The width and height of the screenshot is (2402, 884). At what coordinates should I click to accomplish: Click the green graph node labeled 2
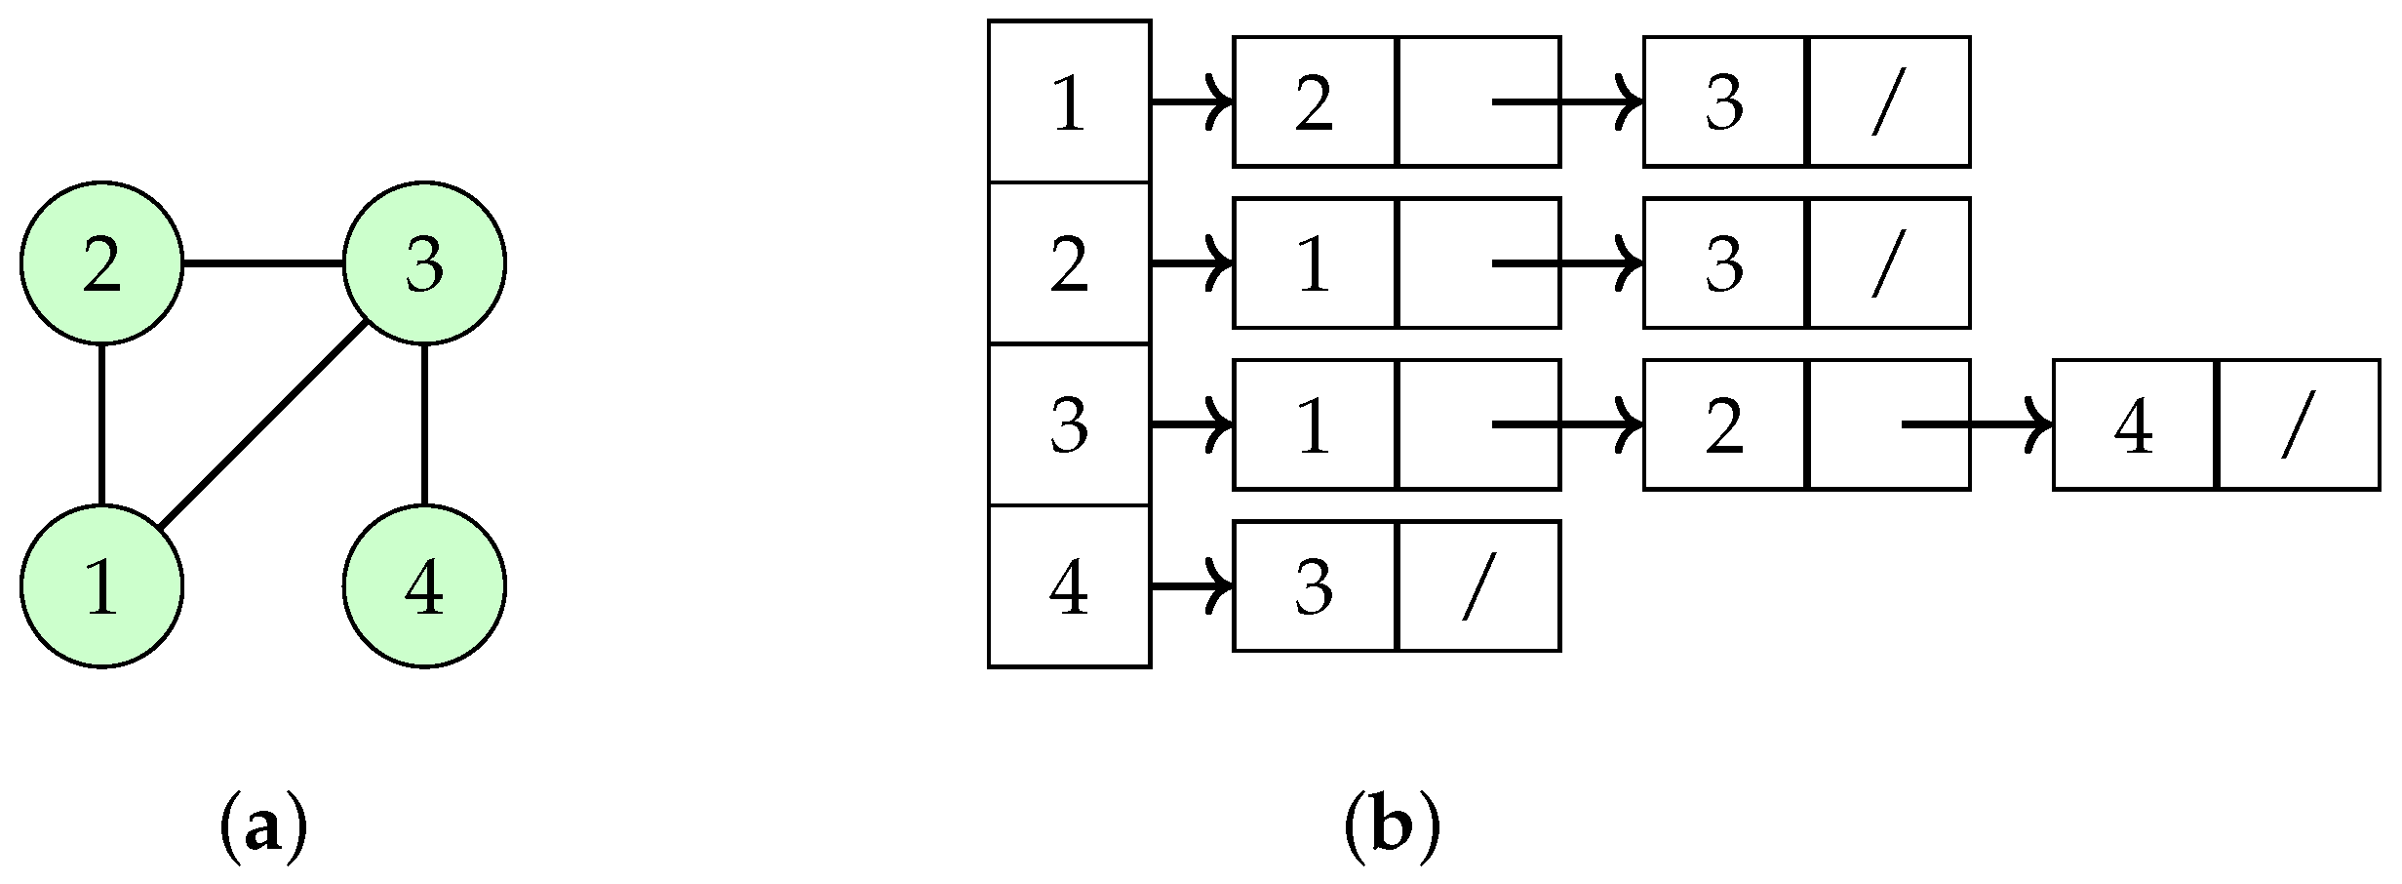[x=101, y=263]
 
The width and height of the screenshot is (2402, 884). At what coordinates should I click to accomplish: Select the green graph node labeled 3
[x=424, y=263]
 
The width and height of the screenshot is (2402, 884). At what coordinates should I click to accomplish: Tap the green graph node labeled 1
[x=101, y=586]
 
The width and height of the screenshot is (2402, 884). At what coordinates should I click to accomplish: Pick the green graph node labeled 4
[x=424, y=586]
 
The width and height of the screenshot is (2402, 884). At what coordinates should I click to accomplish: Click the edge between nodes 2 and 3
[x=262, y=263]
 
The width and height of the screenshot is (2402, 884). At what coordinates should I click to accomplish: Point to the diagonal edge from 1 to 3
[x=262, y=425]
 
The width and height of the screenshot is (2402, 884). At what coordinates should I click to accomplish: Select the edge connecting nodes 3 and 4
[x=424, y=424]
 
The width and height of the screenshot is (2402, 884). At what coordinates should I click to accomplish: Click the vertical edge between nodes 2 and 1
[x=101, y=424]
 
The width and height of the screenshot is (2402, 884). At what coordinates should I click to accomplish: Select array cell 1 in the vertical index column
[x=1069, y=101]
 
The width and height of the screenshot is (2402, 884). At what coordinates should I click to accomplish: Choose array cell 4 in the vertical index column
[x=1069, y=586]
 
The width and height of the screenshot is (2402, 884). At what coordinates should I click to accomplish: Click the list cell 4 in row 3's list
[x=2134, y=425]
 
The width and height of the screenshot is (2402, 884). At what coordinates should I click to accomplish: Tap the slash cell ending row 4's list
[x=1478, y=586]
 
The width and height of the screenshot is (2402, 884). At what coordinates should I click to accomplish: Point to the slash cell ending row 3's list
[x=2299, y=425]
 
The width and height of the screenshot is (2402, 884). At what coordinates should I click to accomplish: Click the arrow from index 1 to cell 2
[x=1192, y=101]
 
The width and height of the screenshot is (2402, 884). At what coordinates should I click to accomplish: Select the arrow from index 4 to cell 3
[x=1192, y=586]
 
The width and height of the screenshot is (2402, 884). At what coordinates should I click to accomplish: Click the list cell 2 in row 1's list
[x=1315, y=101]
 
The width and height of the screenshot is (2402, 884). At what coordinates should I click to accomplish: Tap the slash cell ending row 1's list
[x=1889, y=101]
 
